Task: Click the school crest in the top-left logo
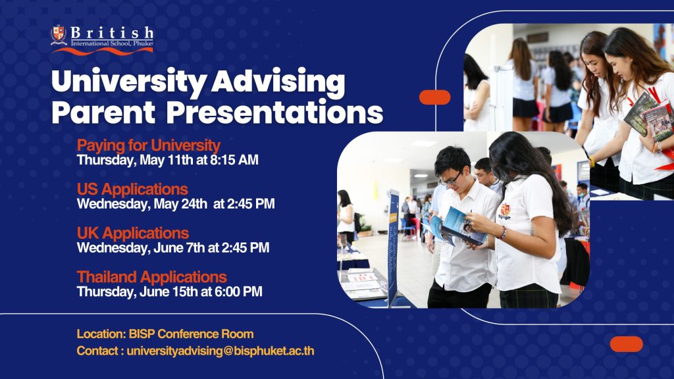[59, 35]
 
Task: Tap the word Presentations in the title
[274, 113]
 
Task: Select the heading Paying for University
[148, 145]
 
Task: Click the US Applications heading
[132, 189]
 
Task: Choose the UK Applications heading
[133, 233]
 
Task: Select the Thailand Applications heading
[152, 277]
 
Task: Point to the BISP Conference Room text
[192, 334]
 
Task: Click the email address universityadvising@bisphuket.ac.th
[220, 351]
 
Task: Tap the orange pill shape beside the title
[435, 97]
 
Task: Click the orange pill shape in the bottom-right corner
[627, 344]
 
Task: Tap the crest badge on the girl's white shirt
[505, 211]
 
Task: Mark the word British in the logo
[112, 32]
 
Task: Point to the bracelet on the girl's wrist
[503, 233]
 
